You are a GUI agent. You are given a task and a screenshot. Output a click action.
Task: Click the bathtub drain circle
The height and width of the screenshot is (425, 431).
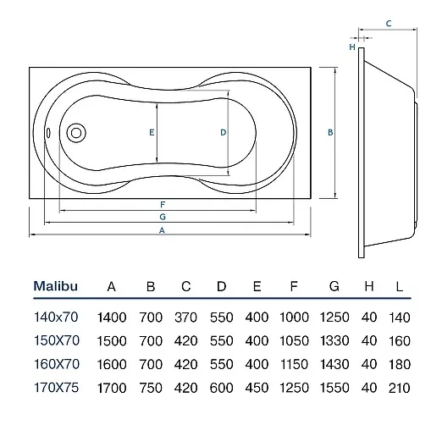pyautogui.click(x=76, y=133)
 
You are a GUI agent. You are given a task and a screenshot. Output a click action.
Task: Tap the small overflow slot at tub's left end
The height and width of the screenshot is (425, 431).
pyautogui.click(x=48, y=133)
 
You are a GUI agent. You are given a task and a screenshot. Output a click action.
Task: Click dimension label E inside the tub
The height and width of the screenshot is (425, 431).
pyautogui.click(x=152, y=132)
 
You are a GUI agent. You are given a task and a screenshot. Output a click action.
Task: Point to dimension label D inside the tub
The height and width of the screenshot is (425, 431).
pyautogui.click(x=224, y=132)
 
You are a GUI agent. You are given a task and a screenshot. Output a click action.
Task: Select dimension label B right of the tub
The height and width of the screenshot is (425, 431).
pyautogui.click(x=330, y=132)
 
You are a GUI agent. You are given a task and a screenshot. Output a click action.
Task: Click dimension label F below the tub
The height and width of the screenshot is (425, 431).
pyautogui.click(x=163, y=204)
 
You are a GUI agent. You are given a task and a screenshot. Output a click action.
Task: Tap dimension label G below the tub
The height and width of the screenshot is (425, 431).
pyautogui.click(x=163, y=217)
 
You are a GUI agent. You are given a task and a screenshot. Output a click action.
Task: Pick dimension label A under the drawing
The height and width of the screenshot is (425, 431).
pyautogui.click(x=162, y=230)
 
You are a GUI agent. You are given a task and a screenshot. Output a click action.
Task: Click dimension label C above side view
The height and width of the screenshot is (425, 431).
pyautogui.click(x=389, y=24)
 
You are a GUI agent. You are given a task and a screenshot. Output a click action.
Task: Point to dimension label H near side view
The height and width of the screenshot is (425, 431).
pyautogui.click(x=352, y=47)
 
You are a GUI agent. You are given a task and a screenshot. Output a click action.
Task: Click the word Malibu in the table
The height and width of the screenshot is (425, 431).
pyautogui.click(x=56, y=286)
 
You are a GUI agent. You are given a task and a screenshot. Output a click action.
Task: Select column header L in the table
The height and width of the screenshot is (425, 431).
pyautogui.click(x=399, y=287)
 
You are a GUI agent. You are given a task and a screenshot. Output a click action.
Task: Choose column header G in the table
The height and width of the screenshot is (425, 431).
pyautogui.click(x=334, y=286)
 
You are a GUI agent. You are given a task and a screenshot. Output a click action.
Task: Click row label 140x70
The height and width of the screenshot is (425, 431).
pyautogui.click(x=56, y=317)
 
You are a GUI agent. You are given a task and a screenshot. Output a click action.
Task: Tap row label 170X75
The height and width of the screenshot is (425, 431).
pyautogui.click(x=56, y=388)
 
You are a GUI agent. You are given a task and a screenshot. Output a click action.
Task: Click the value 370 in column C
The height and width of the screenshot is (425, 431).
pyautogui.click(x=185, y=317)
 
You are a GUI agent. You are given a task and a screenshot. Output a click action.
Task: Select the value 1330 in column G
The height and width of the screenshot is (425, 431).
pyautogui.click(x=334, y=340)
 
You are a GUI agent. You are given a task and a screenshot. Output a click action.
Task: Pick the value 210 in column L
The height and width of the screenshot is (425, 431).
pyautogui.click(x=399, y=388)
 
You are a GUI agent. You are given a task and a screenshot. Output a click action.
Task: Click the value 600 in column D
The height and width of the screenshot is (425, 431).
pyautogui.click(x=221, y=388)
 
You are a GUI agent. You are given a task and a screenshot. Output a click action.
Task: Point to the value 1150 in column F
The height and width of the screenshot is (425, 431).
pyautogui.click(x=294, y=364)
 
